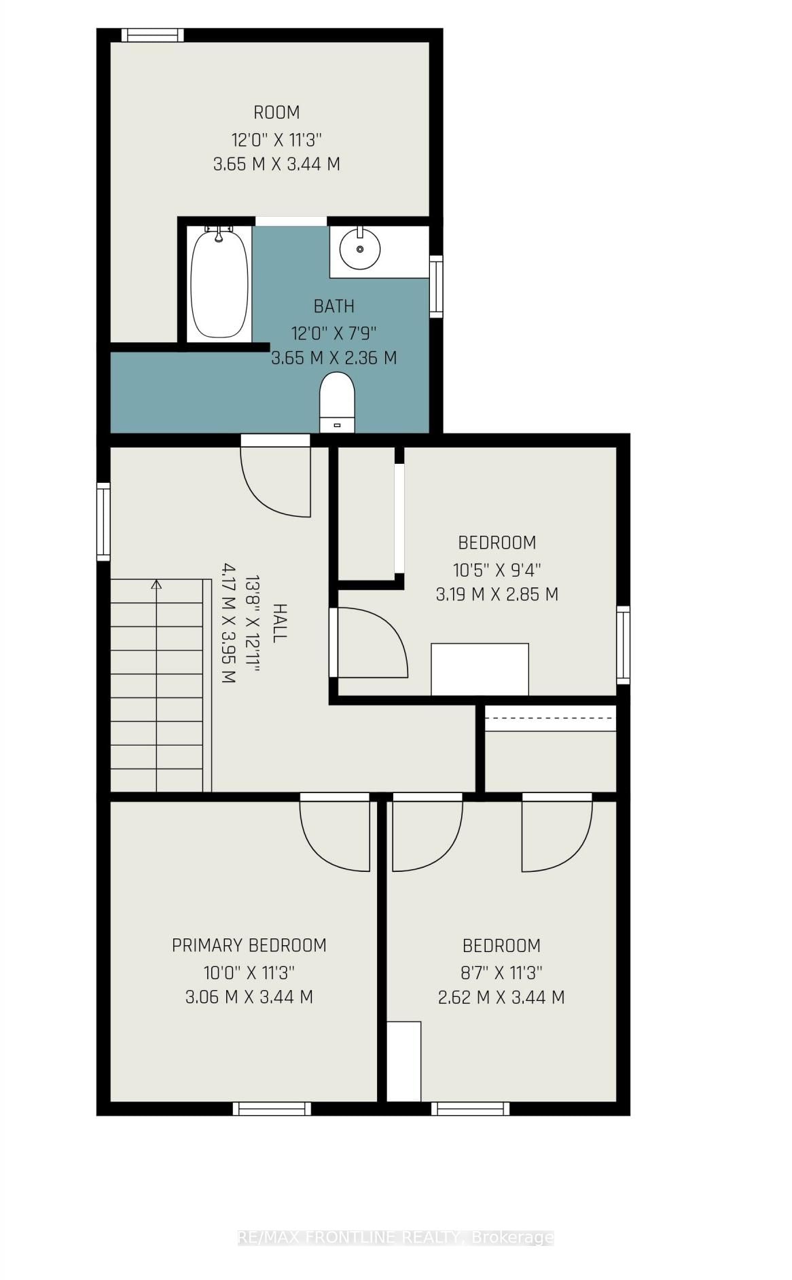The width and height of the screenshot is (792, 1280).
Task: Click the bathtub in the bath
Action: pyautogui.click(x=219, y=283)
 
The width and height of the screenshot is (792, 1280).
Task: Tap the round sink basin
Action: pyautogui.click(x=360, y=249)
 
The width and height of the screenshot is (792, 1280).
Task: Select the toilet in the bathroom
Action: pyautogui.click(x=338, y=401)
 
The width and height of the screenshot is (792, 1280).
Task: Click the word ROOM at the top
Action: pyautogui.click(x=276, y=112)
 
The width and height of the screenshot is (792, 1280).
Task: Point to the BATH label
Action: pyautogui.click(x=334, y=306)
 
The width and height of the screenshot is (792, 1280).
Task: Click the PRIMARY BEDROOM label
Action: pyautogui.click(x=249, y=945)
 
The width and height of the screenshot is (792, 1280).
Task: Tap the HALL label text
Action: pyautogui.click(x=279, y=622)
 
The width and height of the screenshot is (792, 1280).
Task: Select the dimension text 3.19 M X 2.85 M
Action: pyautogui.click(x=497, y=594)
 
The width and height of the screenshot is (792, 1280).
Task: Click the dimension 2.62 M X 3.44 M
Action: pyautogui.click(x=501, y=997)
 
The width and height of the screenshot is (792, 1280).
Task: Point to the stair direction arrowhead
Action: pyautogui.click(x=156, y=583)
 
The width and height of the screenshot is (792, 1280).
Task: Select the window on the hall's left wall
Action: pyautogui.click(x=103, y=522)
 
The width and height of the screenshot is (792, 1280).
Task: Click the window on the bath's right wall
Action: pyautogui.click(x=436, y=287)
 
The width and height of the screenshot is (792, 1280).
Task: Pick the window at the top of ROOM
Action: pyautogui.click(x=152, y=35)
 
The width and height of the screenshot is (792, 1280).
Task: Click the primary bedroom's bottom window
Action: pyautogui.click(x=272, y=1108)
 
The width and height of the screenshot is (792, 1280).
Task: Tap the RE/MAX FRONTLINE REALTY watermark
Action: pyautogui.click(x=395, y=1237)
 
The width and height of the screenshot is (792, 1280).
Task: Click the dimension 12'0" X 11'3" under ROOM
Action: pyautogui.click(x=276, y=140)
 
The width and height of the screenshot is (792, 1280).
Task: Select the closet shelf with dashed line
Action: pyautogui.click(x=550, y=718)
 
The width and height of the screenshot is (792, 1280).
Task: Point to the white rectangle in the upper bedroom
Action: pyautogui.click(x=480, y=669)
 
